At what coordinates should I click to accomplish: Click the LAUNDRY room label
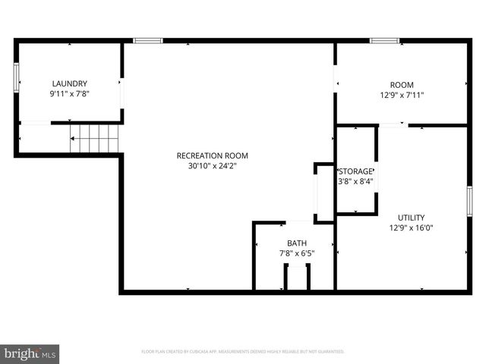click(x=69, y=83)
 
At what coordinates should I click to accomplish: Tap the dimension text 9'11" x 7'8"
click(x=69, y=93)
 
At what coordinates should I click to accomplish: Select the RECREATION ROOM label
click(x=212, y=155)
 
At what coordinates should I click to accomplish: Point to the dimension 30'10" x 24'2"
click(x=212, y=165)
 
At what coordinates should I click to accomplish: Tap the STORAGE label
click(x=355, y=171)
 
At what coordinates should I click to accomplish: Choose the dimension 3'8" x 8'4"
click(x=355, y=181)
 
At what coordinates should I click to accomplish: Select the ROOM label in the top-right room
click(x=402, y=85)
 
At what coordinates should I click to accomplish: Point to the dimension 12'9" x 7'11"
click(x=402, y=96)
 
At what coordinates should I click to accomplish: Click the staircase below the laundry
click(x=96, y=139)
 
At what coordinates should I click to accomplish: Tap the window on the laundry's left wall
click(x=15, y=77)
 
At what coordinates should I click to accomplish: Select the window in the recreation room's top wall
click(x=147, y=40)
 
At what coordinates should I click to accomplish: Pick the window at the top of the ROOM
click(x=384, y=40)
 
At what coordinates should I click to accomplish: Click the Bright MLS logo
click(x=30, y=353)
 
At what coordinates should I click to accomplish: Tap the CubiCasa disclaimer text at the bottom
click(x=243, y=352)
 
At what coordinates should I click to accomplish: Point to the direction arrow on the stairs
click(x=74, y=139)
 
